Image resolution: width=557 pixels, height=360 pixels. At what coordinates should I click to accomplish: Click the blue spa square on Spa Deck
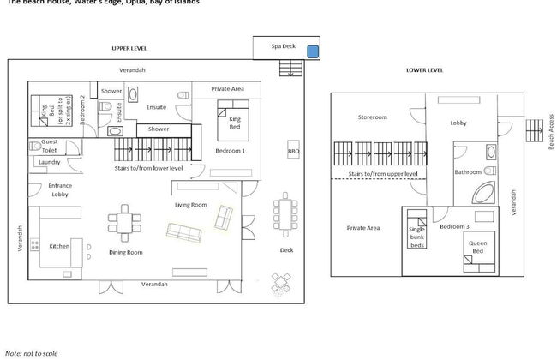tap(313, 51)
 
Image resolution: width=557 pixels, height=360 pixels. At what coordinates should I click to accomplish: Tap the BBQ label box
tap(294, 151)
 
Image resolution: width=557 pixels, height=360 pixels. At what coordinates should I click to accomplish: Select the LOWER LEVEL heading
tap(424, 69)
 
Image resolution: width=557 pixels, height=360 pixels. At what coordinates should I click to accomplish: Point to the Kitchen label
tap(58, 246)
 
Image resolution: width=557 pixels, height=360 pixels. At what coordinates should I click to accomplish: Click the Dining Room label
tap(125, 252)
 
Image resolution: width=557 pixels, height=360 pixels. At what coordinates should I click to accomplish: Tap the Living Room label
tap(191, 204)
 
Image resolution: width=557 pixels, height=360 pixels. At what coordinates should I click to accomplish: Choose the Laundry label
tap(49, 162)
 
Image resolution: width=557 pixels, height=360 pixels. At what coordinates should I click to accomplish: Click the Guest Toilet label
tap(49, 147)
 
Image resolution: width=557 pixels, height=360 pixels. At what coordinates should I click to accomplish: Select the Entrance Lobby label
tap(60, 189)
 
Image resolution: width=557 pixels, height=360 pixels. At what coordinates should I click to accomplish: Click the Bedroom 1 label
tap(230, 151)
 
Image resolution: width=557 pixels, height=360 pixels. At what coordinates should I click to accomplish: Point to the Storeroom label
tap(373, 116)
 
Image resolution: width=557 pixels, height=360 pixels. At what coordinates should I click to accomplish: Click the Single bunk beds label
tap(416, 232)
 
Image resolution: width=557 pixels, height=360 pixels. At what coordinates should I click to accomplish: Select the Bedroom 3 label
tap(453, 225)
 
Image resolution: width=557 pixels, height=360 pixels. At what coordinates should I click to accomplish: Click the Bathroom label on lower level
tap(469, 171)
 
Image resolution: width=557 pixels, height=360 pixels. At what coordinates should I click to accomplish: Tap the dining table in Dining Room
tap(127, 224)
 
